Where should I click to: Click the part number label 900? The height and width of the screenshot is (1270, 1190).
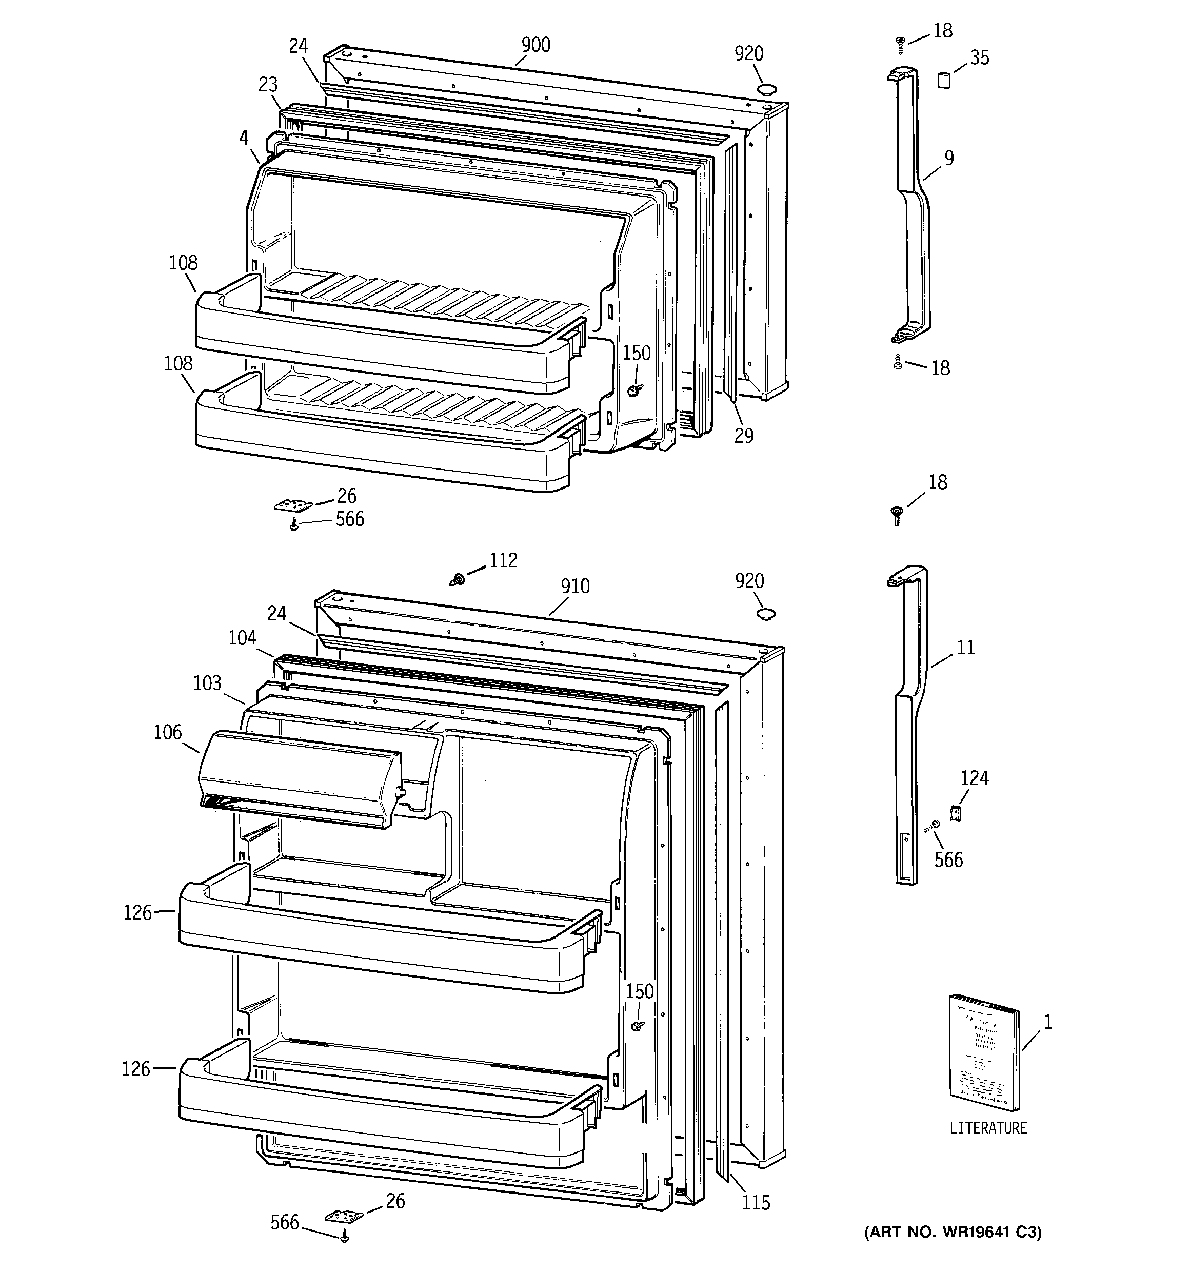(x=535, y=45)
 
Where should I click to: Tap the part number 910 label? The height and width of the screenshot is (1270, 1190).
(x=575, y=586)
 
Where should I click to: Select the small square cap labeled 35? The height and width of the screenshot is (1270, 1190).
(x=943, y=80)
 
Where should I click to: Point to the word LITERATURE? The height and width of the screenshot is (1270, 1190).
(x=987, y=1128)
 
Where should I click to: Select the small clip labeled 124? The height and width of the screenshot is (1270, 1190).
(x=956, y=813)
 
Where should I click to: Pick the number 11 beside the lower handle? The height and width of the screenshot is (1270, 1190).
(x=966, y=647)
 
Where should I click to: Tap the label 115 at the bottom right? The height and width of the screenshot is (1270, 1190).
(x=756, y=1203)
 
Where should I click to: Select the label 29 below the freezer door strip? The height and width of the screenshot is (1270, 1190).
(x=744, y=436)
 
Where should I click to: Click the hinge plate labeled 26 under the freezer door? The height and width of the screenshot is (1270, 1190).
(x=293, y=505)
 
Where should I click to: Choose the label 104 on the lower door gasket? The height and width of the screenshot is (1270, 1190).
(x=242, y=637)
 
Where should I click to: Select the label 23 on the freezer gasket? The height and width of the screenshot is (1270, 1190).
(x=268, y=84)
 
